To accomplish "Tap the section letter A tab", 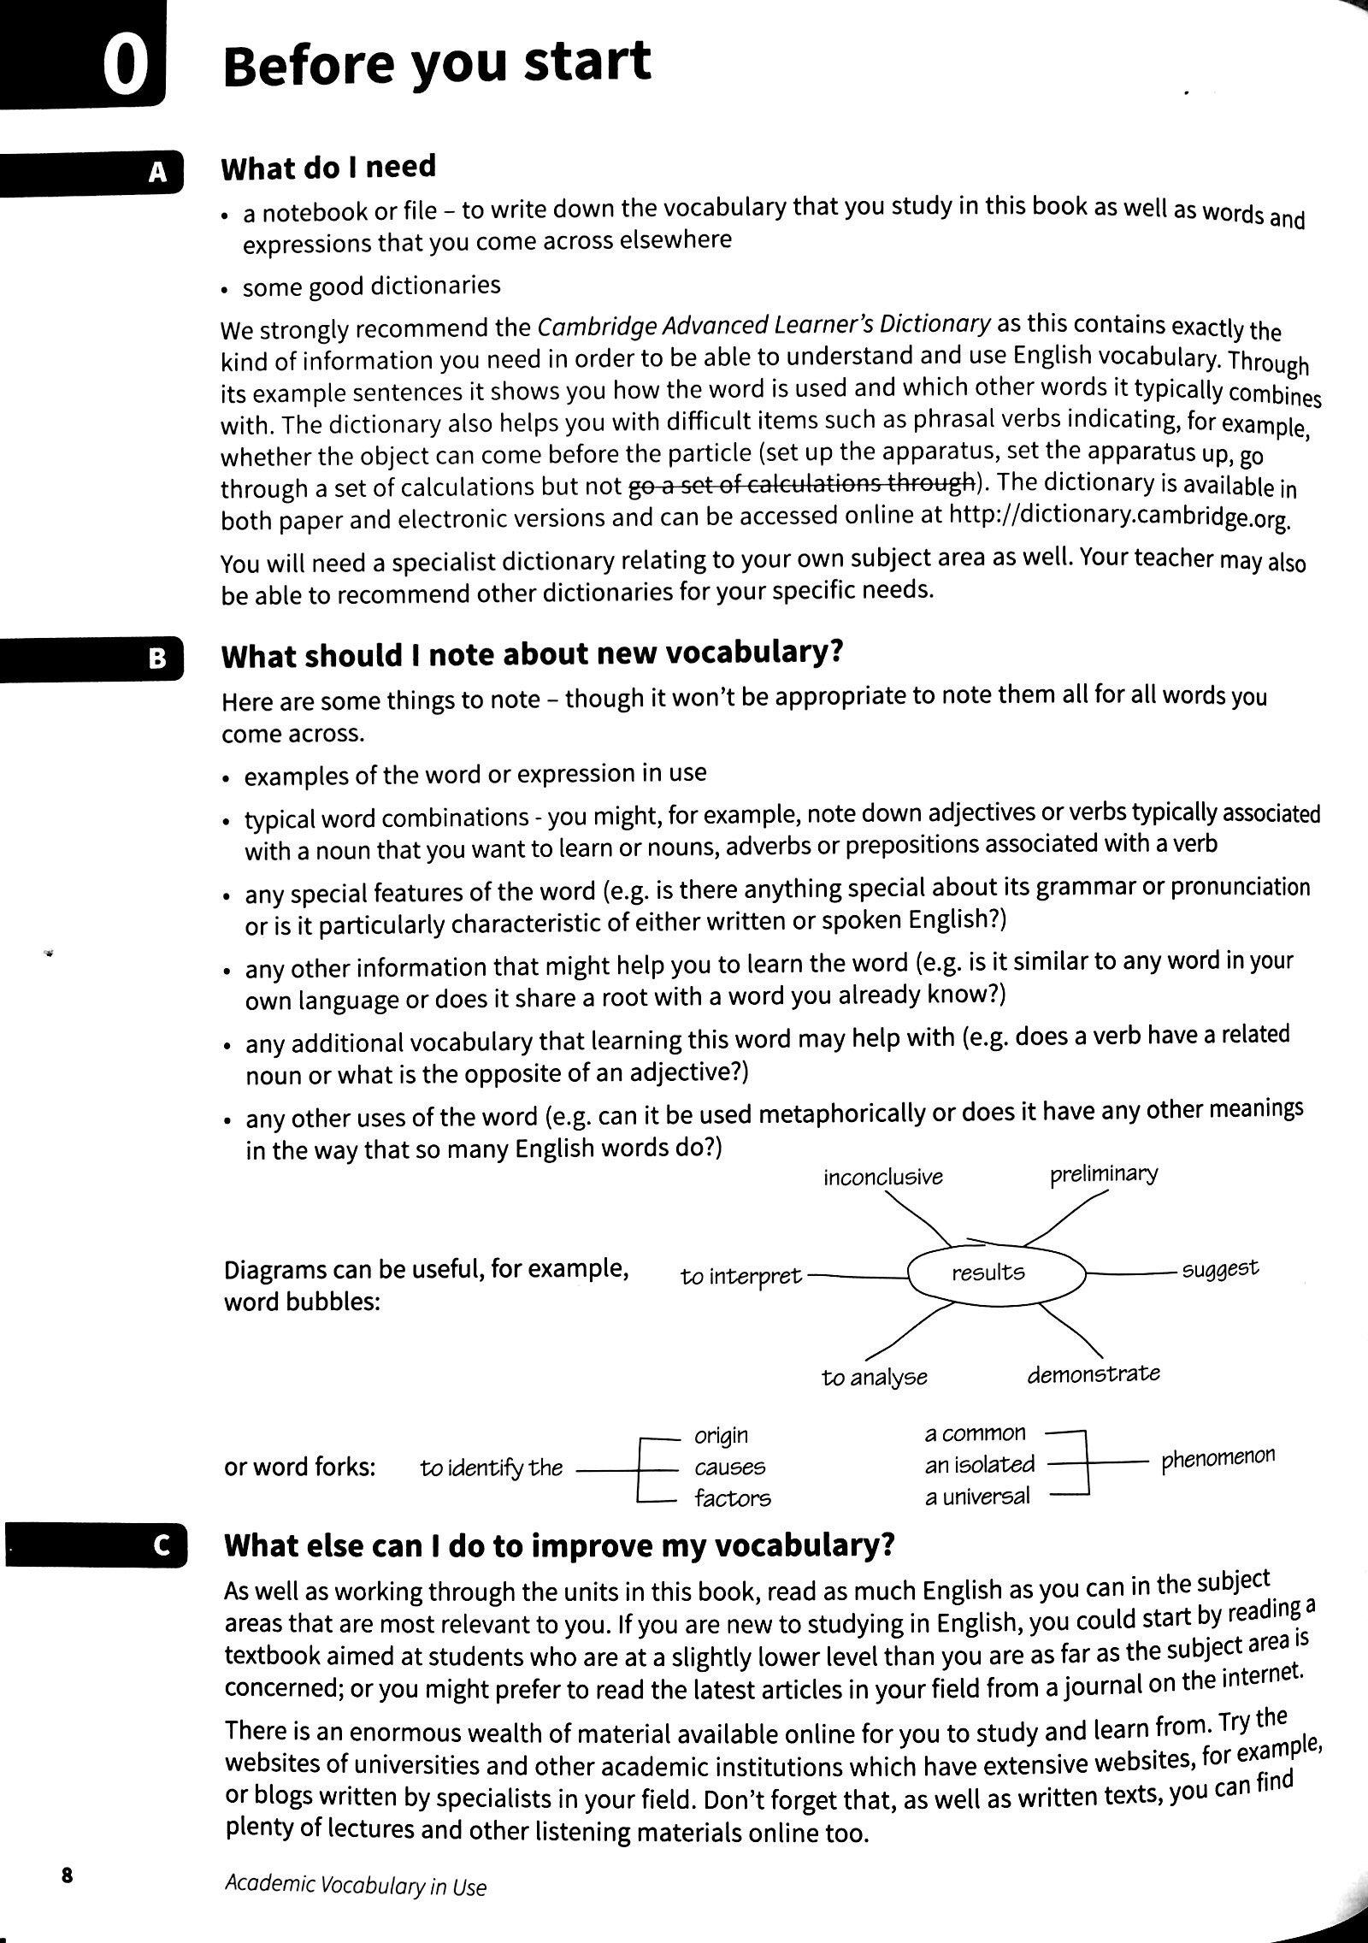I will [158, 174].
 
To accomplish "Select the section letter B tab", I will [158, 659].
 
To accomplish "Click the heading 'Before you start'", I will [436, 65].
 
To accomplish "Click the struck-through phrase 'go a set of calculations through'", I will [802, 485].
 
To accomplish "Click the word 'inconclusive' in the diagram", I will [882, 1178].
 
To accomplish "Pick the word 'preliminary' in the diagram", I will [1103, 1173].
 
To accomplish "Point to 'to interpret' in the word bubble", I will [740, 1277].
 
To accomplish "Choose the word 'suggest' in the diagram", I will [1220, 1269].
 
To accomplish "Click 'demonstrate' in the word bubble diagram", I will [1093, 1374].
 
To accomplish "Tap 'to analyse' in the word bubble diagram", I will [874, 1378].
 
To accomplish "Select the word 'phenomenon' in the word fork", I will [1218, 1459].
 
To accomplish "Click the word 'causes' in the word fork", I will [729, 1468].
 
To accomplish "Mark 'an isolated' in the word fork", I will [979, 1465].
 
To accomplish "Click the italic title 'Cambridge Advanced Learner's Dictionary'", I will [764, 326].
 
